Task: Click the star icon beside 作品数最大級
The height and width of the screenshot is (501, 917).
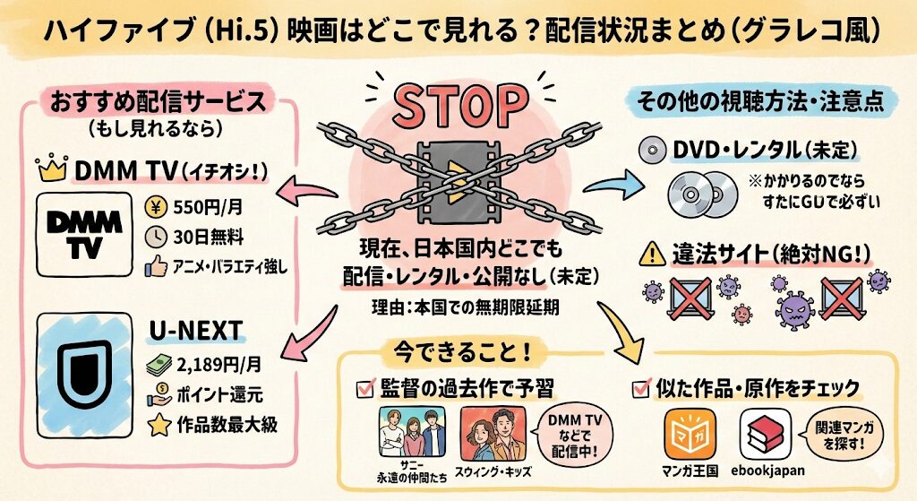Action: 159,424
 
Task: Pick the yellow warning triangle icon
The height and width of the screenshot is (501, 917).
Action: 651,256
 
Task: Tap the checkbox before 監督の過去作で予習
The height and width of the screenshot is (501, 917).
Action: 366,387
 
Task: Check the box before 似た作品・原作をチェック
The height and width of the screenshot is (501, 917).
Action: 641,388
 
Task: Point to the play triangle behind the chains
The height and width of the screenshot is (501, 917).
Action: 458,175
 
